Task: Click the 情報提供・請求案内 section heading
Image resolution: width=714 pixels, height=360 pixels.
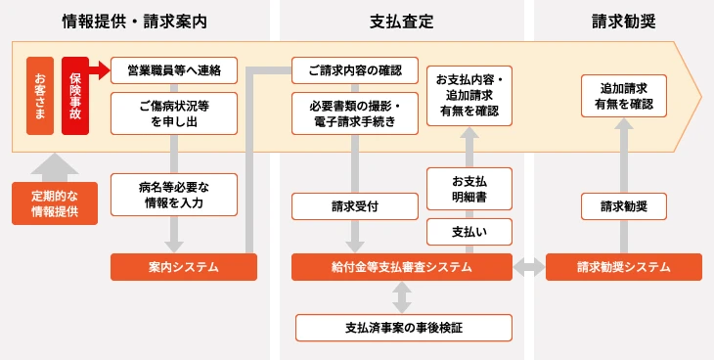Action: (134, 21)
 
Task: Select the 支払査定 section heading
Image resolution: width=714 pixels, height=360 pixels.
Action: (402, 21)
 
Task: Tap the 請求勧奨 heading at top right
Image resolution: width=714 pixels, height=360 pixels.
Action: (623, 21)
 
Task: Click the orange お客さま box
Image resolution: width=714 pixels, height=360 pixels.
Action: (39, 96)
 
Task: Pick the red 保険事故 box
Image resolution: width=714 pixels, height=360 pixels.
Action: (75, 96)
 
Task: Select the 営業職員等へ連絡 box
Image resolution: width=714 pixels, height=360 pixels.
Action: (174, 70)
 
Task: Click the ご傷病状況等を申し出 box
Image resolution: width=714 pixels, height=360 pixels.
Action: (174, 112)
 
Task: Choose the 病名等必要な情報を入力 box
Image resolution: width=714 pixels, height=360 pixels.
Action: (174, 194)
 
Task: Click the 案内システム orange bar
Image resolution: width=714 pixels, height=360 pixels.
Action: (183, 267)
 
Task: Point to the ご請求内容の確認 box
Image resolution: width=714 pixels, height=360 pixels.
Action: (355, 70)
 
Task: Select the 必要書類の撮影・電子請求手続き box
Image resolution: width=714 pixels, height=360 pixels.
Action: (355, 112)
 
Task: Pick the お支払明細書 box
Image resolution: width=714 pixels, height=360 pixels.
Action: (469, 188)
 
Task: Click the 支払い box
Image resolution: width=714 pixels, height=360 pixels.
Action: (469, 232)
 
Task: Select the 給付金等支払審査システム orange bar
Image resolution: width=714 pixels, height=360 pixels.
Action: (401, 267)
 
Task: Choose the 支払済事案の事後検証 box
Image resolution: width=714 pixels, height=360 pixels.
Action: (403, 327)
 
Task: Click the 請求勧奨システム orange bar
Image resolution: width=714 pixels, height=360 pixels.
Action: (623, 267)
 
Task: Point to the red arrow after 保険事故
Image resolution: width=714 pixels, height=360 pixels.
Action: (100, 70)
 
